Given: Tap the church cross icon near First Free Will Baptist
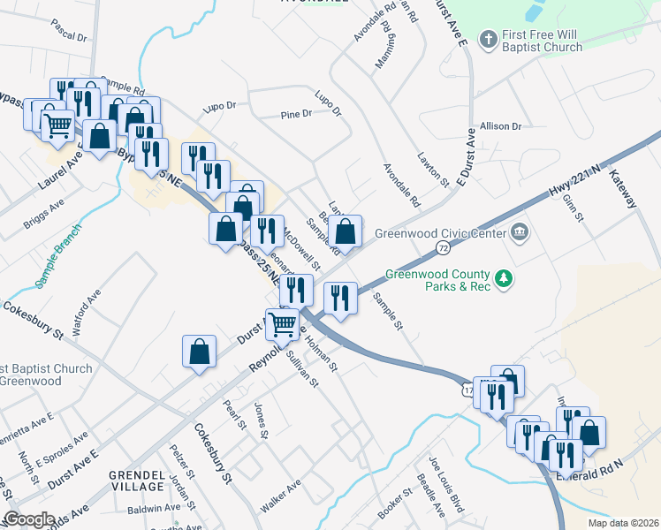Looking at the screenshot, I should [486, 39].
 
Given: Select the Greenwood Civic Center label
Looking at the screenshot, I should [440, 234].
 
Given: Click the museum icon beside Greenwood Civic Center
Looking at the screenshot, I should [520, 233].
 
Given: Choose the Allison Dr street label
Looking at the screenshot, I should [500, 126].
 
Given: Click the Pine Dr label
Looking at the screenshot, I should [296, 114].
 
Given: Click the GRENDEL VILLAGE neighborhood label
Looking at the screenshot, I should [137, 481].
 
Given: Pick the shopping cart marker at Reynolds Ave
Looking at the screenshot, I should [282, 324].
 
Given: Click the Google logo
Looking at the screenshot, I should [29, 519].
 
